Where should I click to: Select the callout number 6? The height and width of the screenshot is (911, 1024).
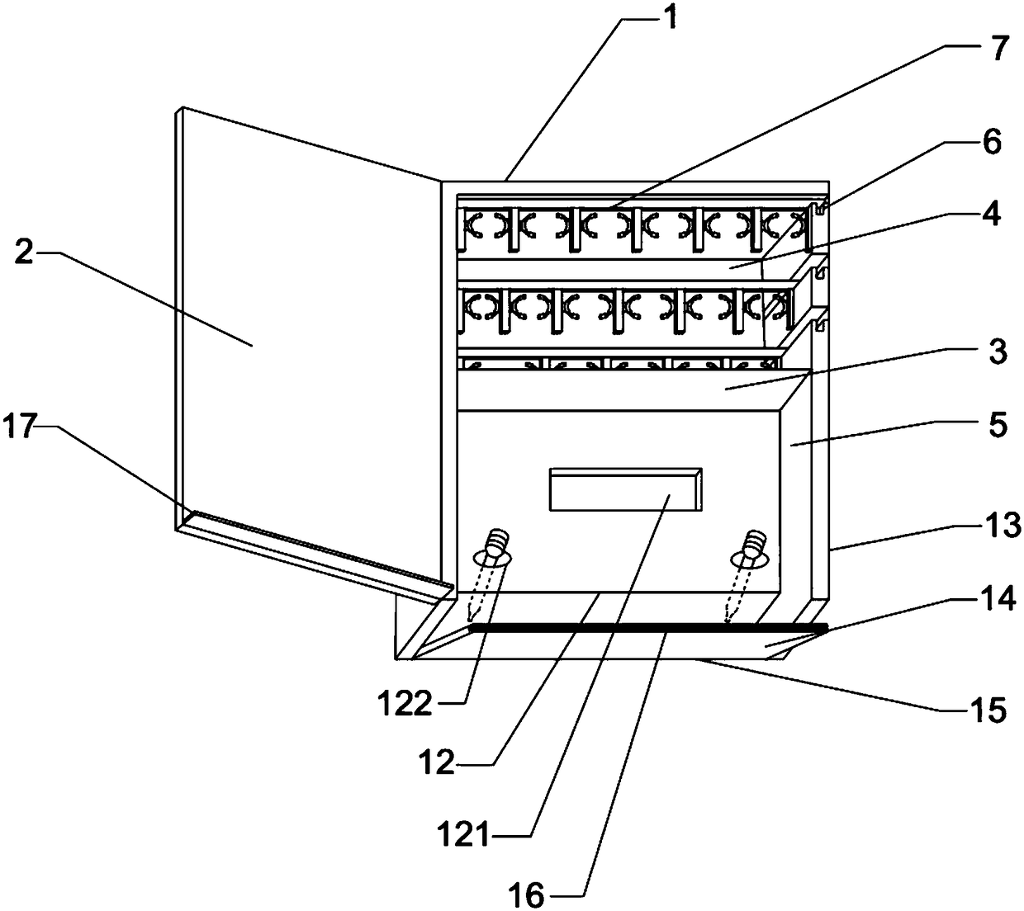point(993,142)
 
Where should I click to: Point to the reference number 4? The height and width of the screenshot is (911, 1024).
point(993,215)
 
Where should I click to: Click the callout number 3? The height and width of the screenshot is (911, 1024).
point(998,352)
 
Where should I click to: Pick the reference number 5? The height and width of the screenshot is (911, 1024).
point(998,425)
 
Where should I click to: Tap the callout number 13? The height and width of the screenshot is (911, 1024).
point(1004,525)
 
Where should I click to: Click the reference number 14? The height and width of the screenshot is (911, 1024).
point(1003,600)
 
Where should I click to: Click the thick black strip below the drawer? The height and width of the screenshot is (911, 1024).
point(648,629)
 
